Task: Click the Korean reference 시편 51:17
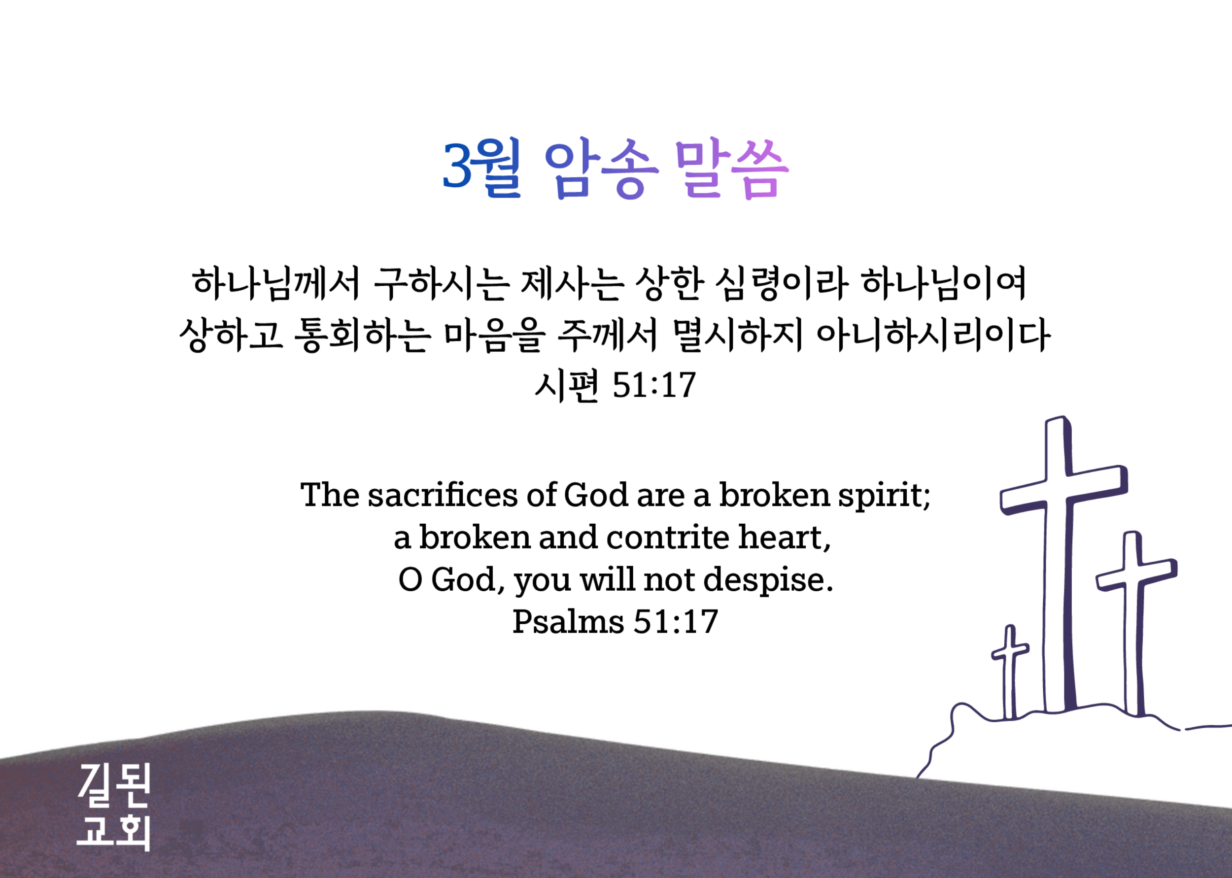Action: click(615, 385)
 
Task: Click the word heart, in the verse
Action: click(785, 538)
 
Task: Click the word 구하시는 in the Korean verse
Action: click(441, 283)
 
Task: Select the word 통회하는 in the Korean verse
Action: click(362, 335)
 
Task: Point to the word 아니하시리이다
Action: click(933, 335)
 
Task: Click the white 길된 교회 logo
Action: click(113, 807)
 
